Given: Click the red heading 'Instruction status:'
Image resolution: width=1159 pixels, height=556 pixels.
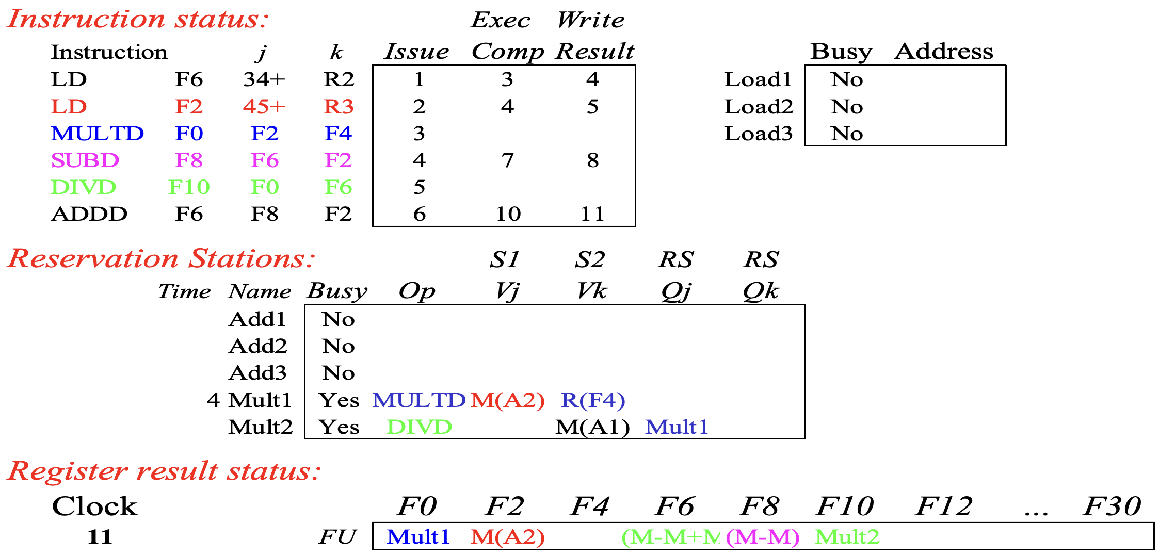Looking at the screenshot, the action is coord(138,19).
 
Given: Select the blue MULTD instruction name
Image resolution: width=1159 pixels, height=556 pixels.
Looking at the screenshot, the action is coord(97,134).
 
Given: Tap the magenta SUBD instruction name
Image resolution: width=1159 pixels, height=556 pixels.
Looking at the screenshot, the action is coord(85,160).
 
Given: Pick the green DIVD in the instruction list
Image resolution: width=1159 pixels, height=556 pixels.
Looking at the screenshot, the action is coord(84,187).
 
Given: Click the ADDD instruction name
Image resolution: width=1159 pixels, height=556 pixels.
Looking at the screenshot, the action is coord(89,214).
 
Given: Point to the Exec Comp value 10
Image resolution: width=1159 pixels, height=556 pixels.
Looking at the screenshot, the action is coord(508,214).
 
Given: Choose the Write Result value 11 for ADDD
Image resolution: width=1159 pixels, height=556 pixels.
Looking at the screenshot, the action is coord(592,214).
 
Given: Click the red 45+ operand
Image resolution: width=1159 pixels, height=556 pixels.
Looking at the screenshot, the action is coord(264,107).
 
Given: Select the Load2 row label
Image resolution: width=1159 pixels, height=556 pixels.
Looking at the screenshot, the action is coord(758,107).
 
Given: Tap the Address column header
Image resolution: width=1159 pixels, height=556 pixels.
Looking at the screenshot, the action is coord(944,52).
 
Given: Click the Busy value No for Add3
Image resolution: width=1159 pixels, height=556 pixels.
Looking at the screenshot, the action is coord(339,373).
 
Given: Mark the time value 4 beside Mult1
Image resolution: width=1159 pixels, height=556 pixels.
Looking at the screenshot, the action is coord(213,400).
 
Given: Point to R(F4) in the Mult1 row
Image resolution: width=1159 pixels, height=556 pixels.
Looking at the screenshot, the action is coord(593,400).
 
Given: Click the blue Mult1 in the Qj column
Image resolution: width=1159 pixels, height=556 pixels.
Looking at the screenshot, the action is coord(677,427).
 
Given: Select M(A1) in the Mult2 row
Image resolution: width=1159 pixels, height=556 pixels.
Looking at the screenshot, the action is coord(592,427).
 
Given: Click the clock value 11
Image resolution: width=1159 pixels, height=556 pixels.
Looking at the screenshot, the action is coord(100,537).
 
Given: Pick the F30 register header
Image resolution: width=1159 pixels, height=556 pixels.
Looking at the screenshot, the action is coord(1112,506).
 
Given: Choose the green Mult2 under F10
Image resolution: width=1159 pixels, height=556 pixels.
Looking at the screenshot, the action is coord(847,537).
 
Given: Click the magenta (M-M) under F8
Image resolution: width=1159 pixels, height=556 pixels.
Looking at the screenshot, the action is coord(763,537).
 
